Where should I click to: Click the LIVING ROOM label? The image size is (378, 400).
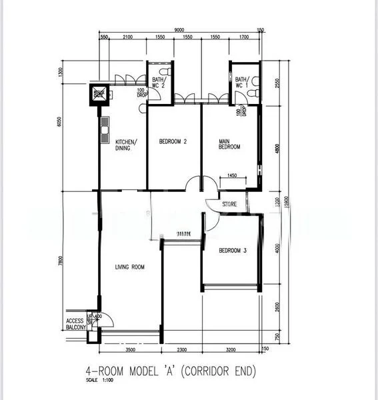click(x=129, y=267)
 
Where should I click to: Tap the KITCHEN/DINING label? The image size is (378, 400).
click(x=126, y=145)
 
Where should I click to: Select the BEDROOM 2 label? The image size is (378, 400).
click(x=172, y=142)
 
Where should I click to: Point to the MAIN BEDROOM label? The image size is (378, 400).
click(x=229, y=145)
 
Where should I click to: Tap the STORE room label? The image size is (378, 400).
click(x=229, y=205)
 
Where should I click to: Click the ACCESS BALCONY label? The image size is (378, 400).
click(x=75, y=324)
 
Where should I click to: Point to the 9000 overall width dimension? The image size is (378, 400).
click(x=180, y=30)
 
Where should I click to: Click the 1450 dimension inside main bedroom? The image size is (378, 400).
click(x=232, y=175)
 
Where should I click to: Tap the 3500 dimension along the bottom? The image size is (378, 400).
click(x=130, y=349)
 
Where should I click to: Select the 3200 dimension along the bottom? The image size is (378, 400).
click(x=231, y=349)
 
